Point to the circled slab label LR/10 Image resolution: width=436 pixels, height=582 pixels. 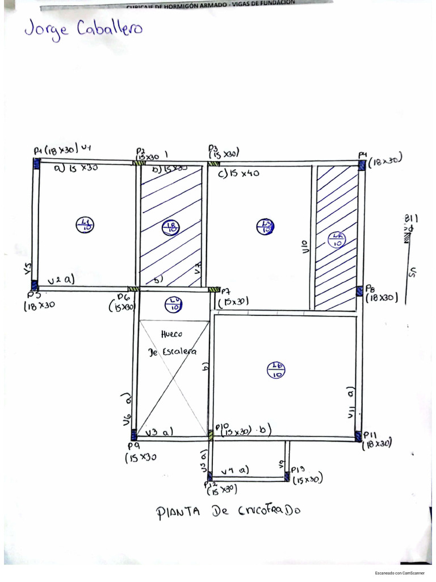click(x=337, y=239)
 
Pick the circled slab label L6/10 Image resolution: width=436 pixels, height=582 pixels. click(x=275, y=371)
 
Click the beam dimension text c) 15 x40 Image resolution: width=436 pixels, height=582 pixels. click(x=238, y=173)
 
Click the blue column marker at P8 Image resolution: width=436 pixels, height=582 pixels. click(x=359, y=291)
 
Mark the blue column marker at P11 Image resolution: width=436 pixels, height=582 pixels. click(x=358, y=435)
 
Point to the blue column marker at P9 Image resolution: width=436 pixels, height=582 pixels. click(x=134, y=435)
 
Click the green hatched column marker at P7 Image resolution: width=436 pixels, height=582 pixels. click(x=215, y=289)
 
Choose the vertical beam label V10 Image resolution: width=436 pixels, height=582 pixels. click(x=305, y=246)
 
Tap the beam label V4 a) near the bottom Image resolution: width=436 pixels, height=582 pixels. click(x=234, y=471)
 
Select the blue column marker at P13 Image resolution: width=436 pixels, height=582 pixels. click(x=286, y=477)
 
